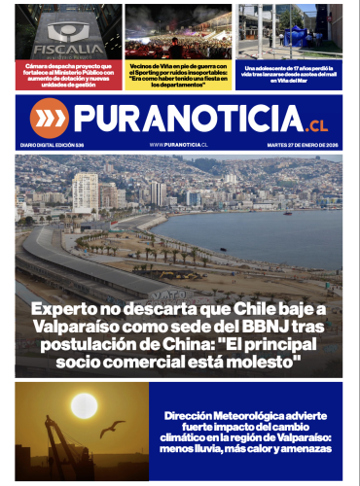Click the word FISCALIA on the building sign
[68, 47]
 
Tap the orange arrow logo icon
[48, 119]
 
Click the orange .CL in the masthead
[316, 125]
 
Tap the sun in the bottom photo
[85, 405]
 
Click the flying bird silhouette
[114, 427]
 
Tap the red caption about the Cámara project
[68, 75]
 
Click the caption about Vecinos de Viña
[178, 75]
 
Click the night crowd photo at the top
[178, 32]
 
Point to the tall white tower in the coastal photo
[85, 192]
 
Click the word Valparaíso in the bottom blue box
[297, 437]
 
